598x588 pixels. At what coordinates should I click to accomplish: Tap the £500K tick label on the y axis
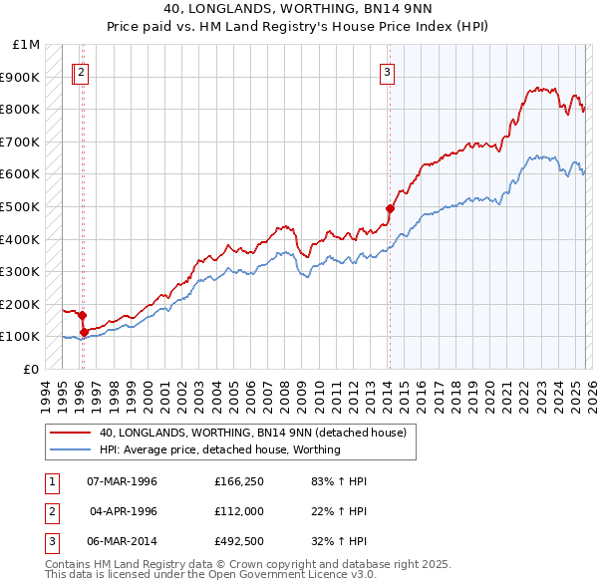(x=20, y=206)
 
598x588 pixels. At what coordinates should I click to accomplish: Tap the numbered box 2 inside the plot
(x=81, y=71)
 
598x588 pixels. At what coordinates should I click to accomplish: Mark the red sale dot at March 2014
(x=390, y=208)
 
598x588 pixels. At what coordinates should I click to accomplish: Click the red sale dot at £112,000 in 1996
(x=84, y=332)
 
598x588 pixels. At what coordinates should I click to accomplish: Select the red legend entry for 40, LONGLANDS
(x=252, y=434)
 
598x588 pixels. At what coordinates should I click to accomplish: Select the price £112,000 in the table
(x=237, y=511)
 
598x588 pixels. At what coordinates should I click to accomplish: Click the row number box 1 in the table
(x=52, y=481)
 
